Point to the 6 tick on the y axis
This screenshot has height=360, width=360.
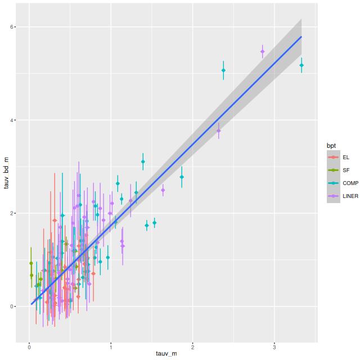pos(19,27)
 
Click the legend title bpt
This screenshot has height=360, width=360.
pos(331,146)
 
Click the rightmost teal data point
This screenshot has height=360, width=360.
pos(301,65)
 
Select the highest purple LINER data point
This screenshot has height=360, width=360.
pos(262,52)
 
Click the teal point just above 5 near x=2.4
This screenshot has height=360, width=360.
pos(223,70)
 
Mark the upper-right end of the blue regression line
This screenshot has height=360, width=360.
pos(301,37)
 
